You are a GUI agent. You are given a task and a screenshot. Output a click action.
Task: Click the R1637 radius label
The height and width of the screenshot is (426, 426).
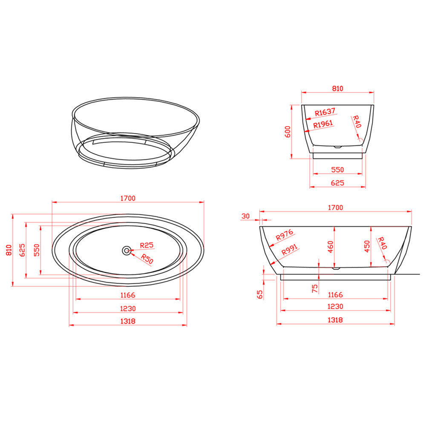point(325,112)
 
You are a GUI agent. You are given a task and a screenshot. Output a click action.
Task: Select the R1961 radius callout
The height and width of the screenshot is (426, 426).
point(323,124)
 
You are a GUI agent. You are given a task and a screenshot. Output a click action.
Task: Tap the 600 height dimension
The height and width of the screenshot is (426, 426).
point(288,132)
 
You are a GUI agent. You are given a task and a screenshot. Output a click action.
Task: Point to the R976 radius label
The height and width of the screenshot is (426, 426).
point(285,235)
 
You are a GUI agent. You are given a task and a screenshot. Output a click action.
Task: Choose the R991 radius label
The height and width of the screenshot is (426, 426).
point(290,250)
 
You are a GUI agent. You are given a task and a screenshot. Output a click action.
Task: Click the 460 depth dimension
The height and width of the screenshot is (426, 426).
point(331,247)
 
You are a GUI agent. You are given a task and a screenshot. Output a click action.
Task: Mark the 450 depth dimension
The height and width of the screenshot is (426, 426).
point(367,246)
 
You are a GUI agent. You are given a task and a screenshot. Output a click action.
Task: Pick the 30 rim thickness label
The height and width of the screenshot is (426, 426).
point(245,216)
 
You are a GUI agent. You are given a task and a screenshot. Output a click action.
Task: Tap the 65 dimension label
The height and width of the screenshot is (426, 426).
point(260,294)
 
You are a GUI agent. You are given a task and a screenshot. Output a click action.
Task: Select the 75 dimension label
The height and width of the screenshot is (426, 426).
point(315,288)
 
